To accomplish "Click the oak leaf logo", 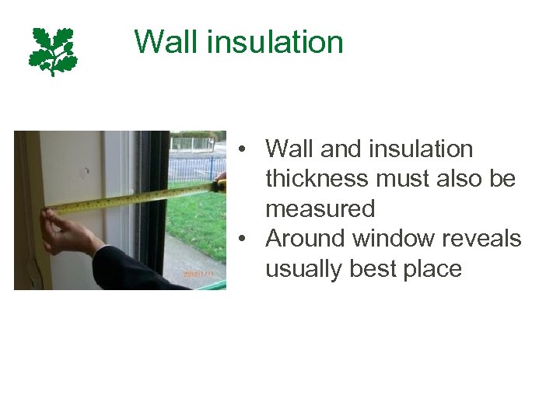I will (54, 51).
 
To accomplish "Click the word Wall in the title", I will (160, 41).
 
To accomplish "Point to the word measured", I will (320, 208).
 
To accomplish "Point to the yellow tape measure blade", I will (132, 199).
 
